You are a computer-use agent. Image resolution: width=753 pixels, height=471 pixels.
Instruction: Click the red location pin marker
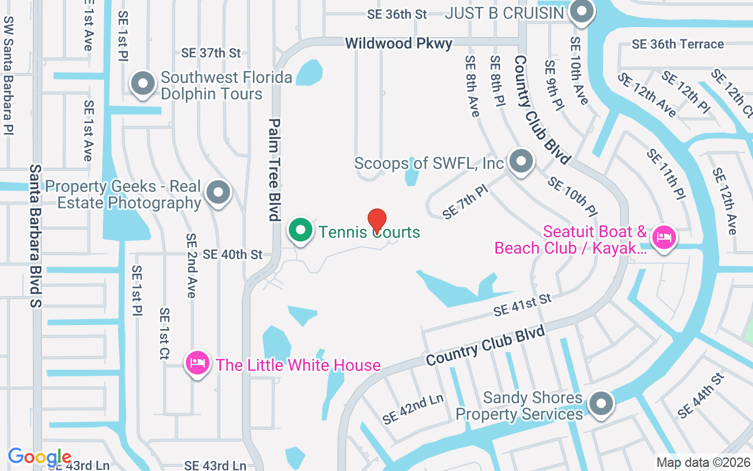coord(376,220)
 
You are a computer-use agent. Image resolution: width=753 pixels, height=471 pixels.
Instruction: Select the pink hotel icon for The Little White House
coord(198,363)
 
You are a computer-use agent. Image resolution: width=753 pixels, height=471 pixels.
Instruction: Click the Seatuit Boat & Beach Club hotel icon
coord(664,237)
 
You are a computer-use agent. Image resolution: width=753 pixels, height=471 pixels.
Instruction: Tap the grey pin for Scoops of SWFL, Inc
coord(521,161)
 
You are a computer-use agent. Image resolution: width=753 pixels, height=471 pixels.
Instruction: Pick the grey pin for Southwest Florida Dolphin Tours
coord(142,84)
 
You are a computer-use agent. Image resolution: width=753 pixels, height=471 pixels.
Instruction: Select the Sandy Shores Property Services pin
coord(601,404)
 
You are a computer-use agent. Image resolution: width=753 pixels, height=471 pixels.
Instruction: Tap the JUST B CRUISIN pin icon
coord(582,11)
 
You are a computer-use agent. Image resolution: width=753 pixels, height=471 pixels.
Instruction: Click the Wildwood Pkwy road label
coord(399,43)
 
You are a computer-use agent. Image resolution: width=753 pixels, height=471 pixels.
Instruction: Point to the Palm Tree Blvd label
coord(274,170)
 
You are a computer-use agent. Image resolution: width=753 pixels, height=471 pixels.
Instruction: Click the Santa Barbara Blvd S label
coord(36,235)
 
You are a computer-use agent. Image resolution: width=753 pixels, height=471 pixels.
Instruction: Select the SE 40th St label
coord(232,254)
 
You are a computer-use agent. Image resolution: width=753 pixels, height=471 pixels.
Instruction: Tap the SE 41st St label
coord(522,306)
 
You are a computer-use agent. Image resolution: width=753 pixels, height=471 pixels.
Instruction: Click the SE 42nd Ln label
coord(412,409)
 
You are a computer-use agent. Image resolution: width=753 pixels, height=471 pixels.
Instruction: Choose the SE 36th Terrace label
coord(678,44)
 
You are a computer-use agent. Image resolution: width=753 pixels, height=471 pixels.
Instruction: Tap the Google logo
coord(39,457)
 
